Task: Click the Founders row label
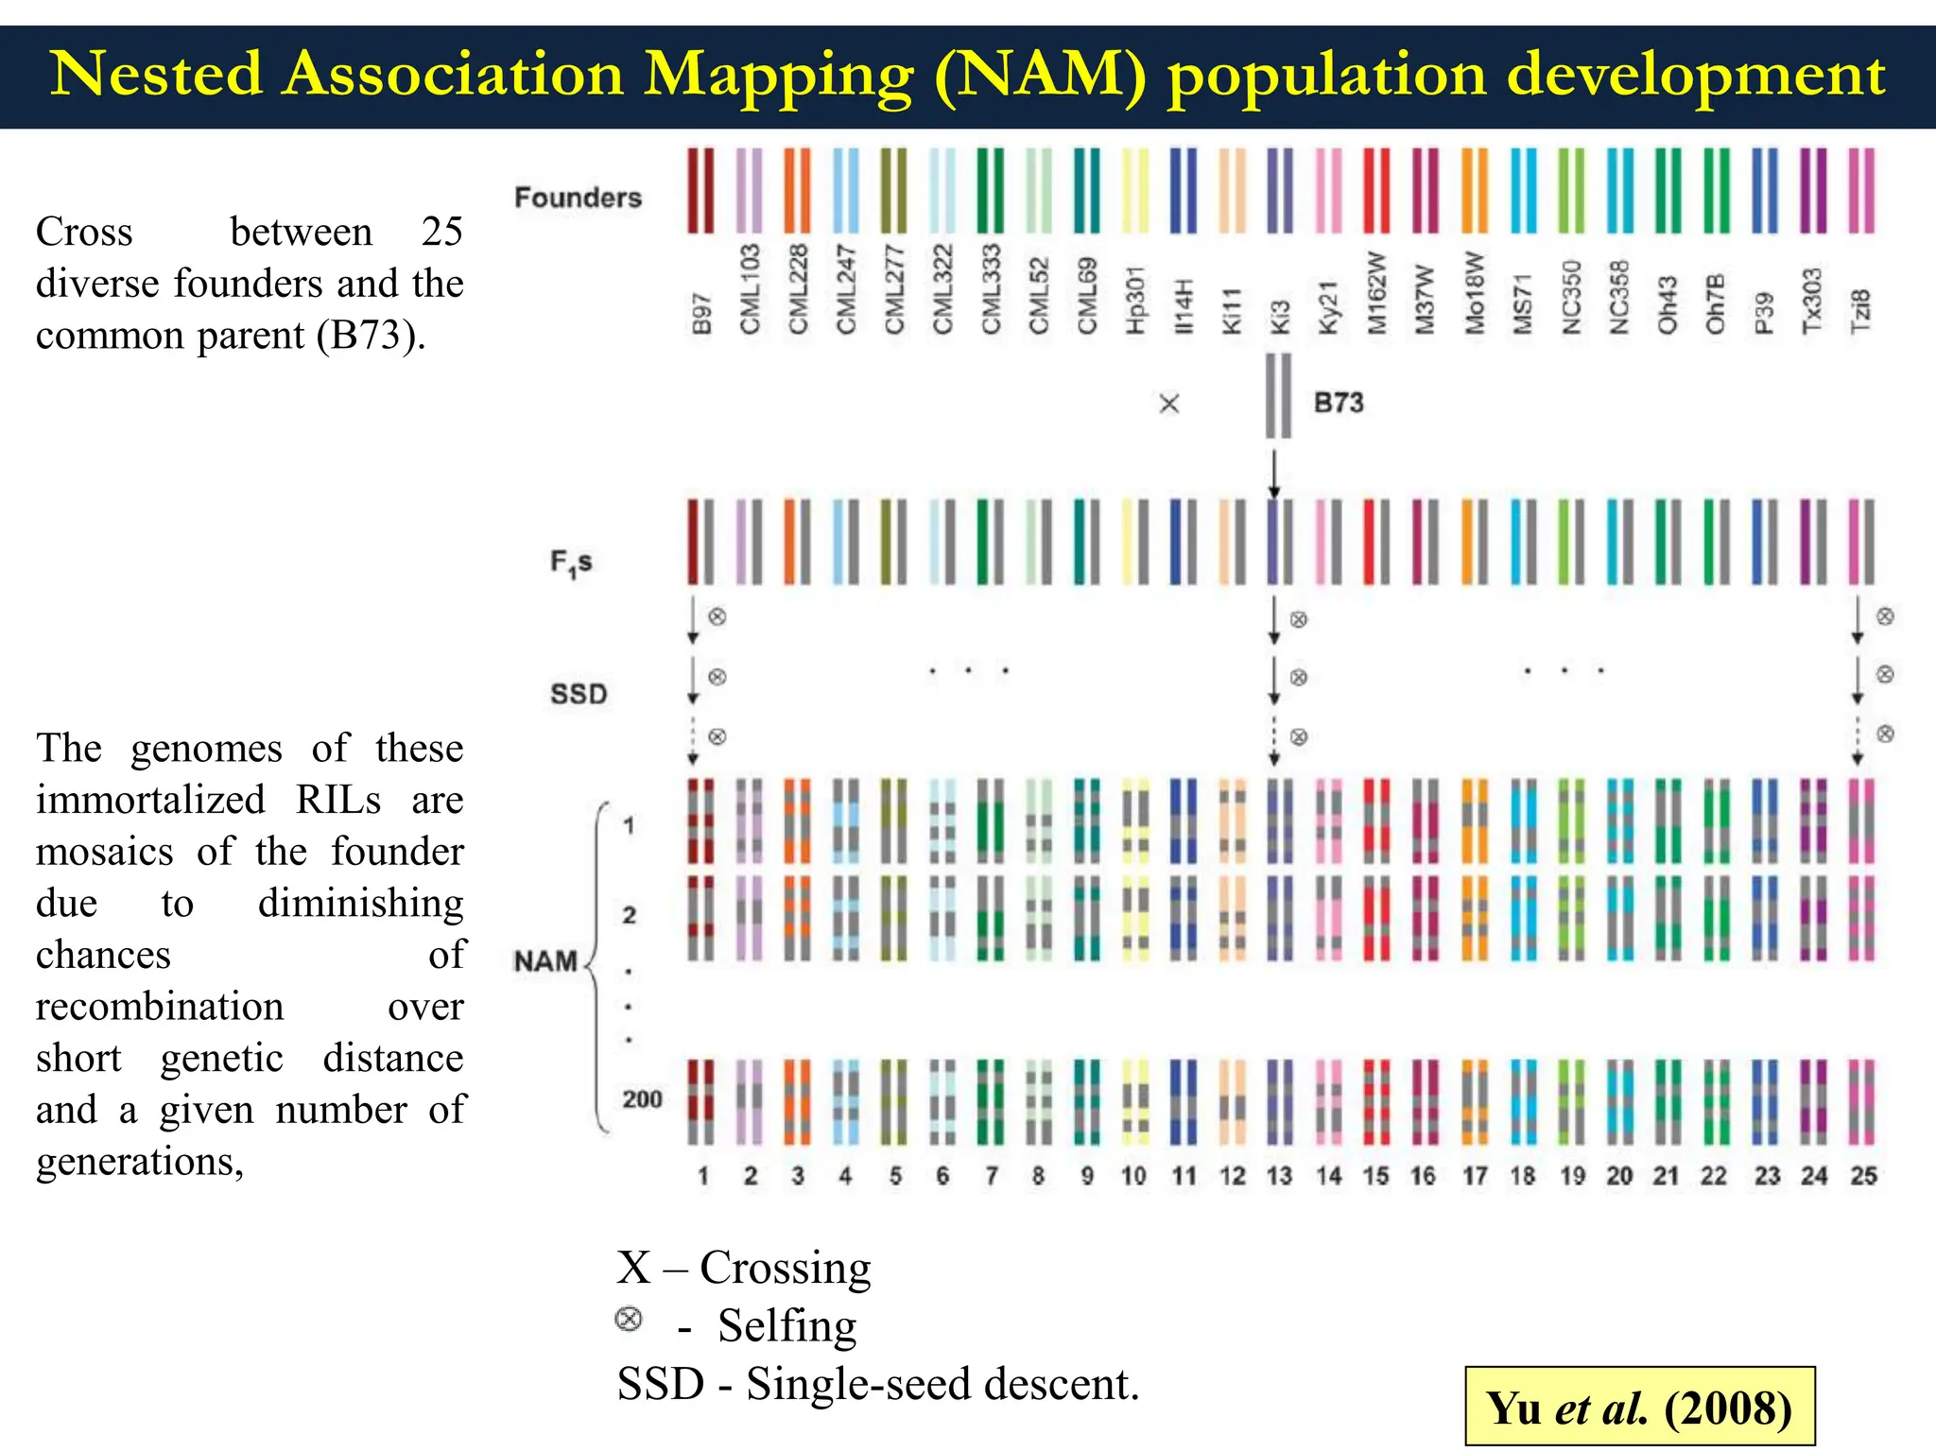[x=578, y=198]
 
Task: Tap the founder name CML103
[x=750, y=289]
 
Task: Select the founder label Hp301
[x=1135, y=300]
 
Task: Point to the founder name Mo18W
[x=1474, y=292]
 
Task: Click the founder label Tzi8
[x=1860, y=311]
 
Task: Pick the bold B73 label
[x=1339, y=403]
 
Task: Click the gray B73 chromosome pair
[x=1278, y=395]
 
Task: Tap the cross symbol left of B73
[x=1169, y=405]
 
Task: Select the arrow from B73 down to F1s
[x=1274, y=474]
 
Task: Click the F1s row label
[x=571, y=562]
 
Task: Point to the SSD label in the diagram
[x=579, y=694]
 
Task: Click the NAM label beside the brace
[x=545, y=961]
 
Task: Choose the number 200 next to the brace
[x=642, y=1099]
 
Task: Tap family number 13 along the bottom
[x=1279, y=1176]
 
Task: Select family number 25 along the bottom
[x=1863, y=1176]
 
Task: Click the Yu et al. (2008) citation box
[x=1639, y=1407]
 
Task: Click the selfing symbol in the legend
[x=629, y=1319]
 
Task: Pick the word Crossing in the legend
[x=785, y=1268]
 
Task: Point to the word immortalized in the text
[x=151, y=800]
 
